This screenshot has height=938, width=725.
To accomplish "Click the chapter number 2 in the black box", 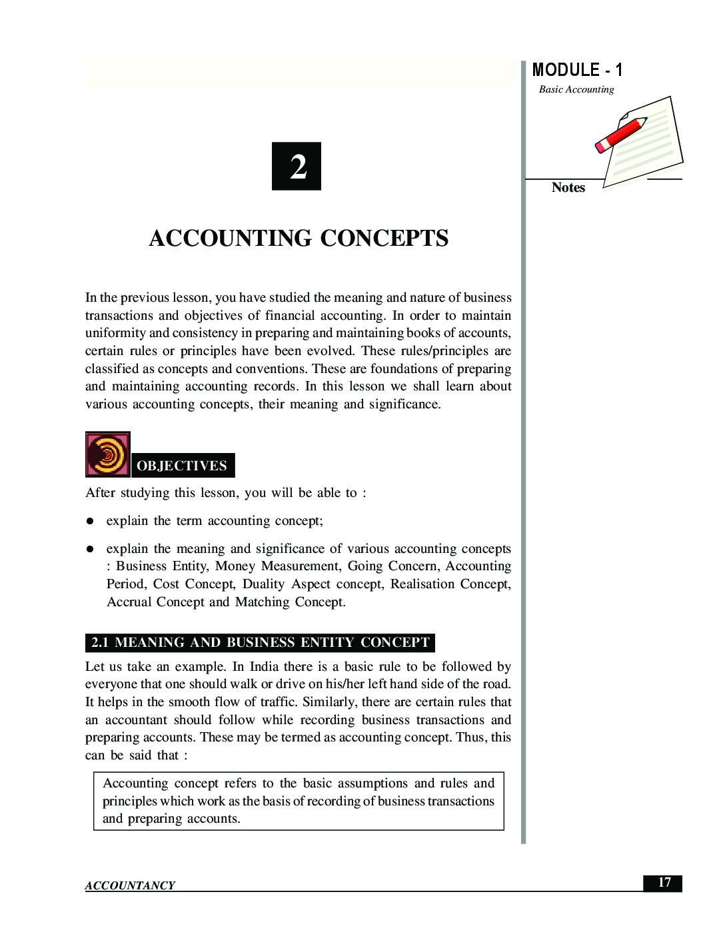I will [297, 167].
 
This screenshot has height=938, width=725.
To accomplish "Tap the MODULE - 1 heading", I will [577, 70].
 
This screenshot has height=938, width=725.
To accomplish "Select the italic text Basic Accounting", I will [576, 89].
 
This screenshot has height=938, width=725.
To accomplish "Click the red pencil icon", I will [620, 135].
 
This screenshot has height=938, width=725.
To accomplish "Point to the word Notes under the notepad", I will [568, 188].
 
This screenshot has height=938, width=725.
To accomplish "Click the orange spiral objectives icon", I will [107, 454].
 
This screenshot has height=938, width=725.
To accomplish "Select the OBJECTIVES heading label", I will [182, 466].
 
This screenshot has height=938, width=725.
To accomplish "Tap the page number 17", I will [664, 883].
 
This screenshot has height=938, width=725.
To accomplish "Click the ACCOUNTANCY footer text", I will [130, 885].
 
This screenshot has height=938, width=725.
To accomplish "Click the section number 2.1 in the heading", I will [100, 643].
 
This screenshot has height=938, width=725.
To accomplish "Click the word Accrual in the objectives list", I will [129, 602].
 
